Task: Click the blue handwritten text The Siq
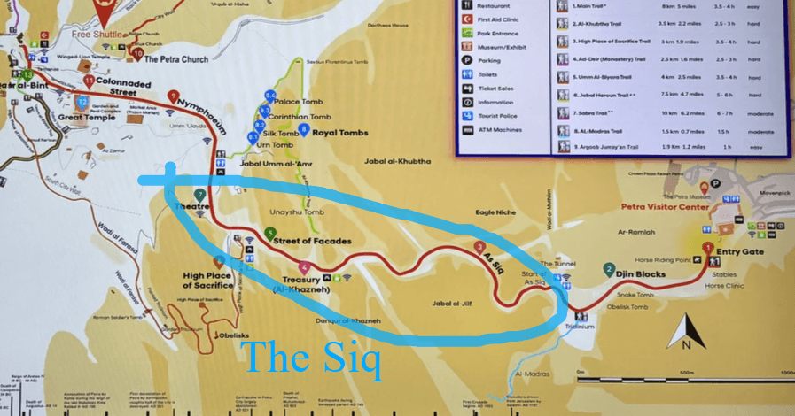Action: pos(311,359)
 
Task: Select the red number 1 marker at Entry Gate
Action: pos(707,248)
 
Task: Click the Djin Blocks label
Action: pos(643,274)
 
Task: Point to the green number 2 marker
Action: pos(609,269)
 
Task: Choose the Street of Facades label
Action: pos(313,241)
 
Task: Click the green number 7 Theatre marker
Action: pos(200,195)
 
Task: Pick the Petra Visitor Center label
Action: pos(665,207)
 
